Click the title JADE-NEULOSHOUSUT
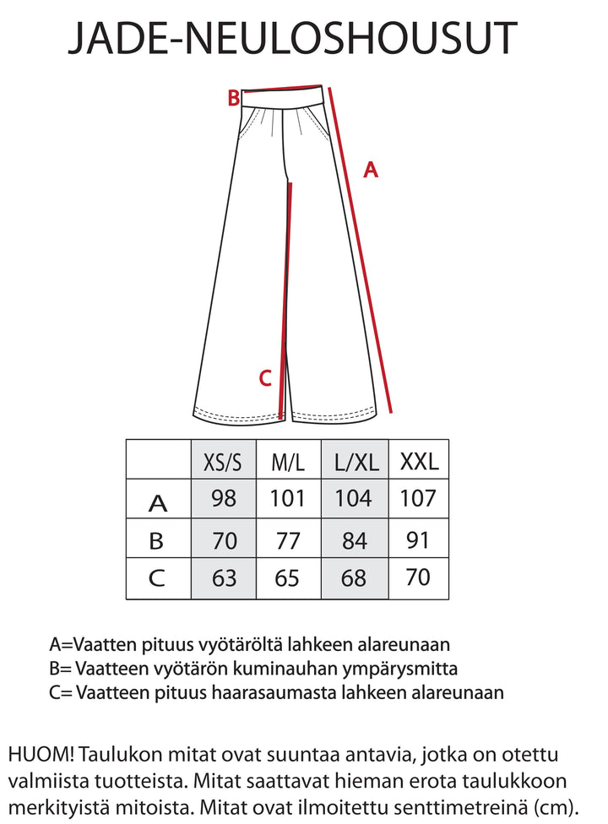point(292,39)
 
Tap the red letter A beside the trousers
point(370,171)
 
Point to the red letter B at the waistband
point(234,99)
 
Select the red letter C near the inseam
point(264,379)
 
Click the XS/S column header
point(223,462)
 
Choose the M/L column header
point(288,462)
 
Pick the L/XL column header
point(356,462)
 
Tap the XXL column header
point(419,461)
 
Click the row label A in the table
point(158,503)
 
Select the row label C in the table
point(158,579)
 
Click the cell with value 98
point(223,499)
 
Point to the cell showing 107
point(419,499)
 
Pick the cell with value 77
point(288,539)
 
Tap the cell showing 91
point(419,539)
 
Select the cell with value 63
point(223,578)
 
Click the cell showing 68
point(356,578)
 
